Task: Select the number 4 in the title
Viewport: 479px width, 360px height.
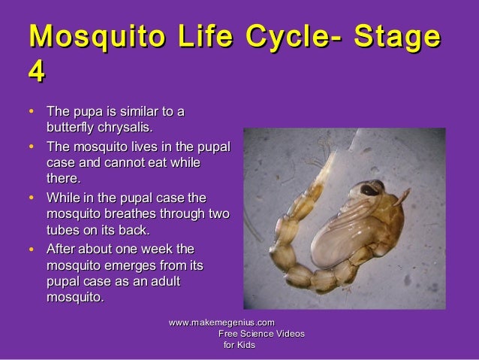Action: (35, 74)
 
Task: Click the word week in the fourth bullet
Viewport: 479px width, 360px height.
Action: (155, 249)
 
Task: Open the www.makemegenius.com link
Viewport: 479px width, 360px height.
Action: (221, 322)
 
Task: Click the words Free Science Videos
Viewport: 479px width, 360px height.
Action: (261, 333)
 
